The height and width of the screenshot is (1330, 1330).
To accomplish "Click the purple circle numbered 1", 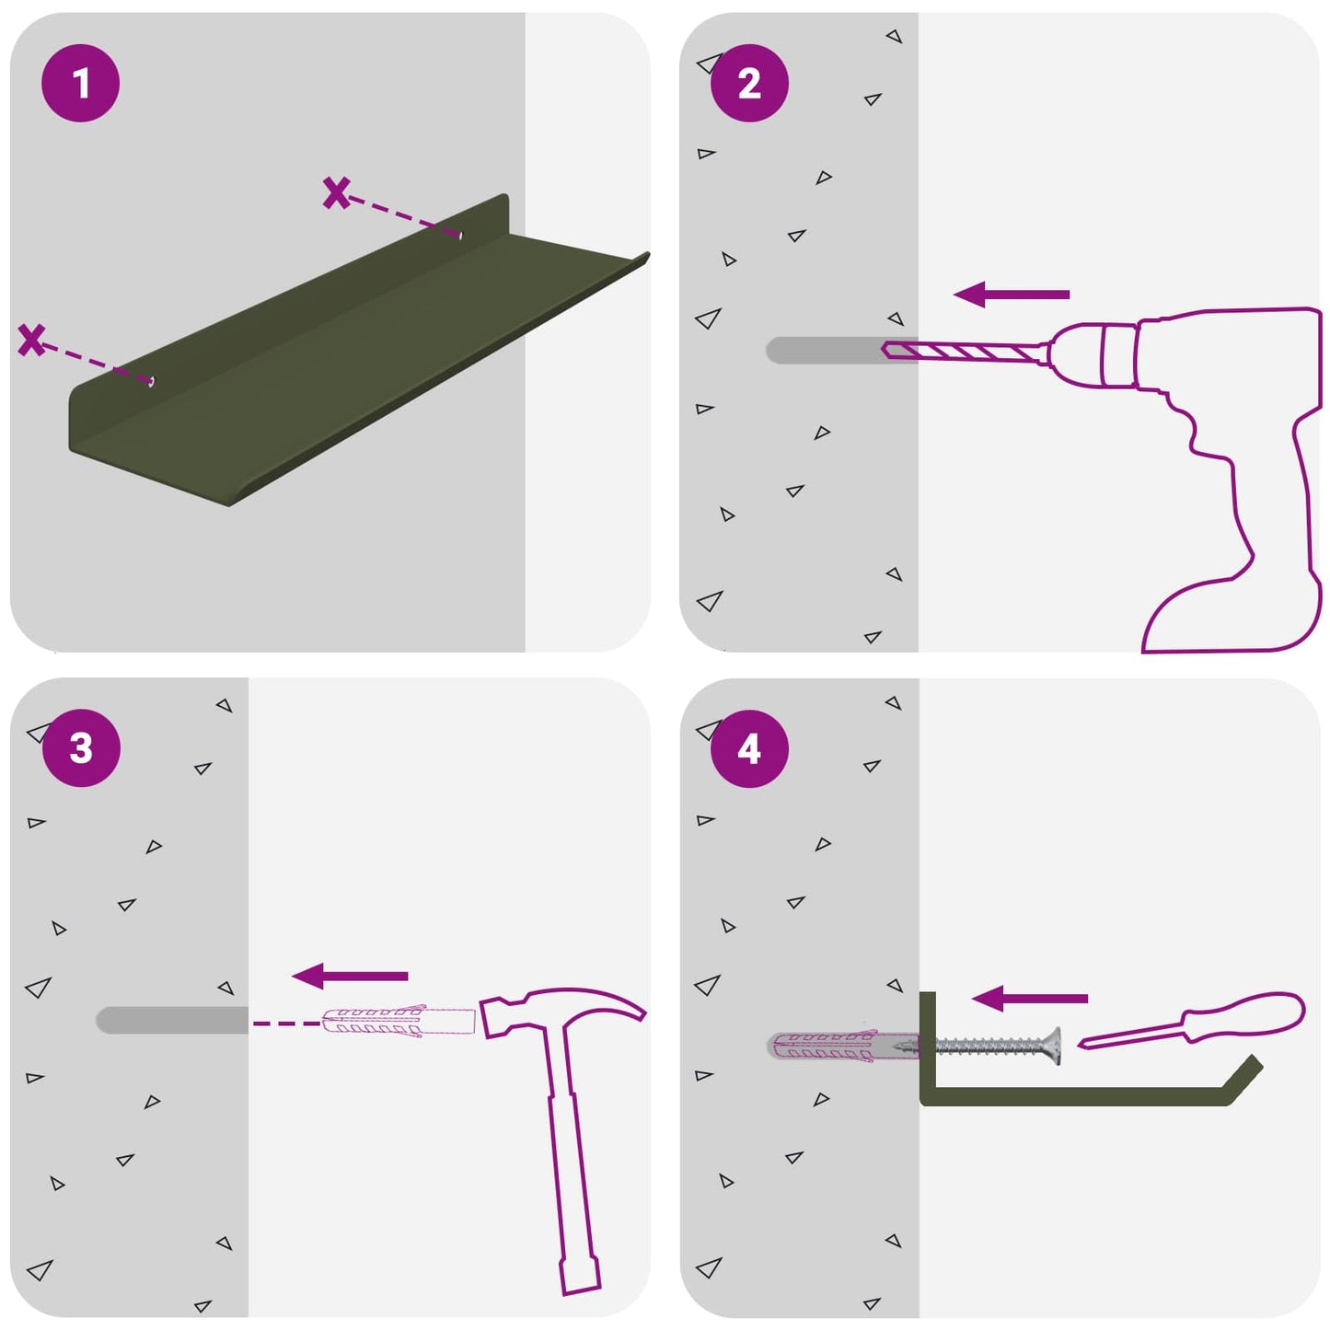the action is [80, 83].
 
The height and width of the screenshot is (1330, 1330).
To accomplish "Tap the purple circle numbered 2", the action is [749, 83].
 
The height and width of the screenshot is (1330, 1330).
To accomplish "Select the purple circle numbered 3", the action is [81, 747].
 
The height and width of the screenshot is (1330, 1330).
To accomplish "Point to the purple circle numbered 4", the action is [749, 748].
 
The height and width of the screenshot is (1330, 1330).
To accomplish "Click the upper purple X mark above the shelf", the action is [336, 192].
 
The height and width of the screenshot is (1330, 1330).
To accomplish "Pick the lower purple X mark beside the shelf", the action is [31, 340].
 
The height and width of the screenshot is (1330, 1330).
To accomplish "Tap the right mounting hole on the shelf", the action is [459, 235].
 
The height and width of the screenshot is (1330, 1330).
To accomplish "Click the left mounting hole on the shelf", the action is [152, 381].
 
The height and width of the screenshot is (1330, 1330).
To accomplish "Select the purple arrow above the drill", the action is [1011, 294].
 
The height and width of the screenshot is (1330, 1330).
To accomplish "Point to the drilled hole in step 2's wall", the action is [840, 350].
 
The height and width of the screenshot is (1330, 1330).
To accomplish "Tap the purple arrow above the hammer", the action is [349, 976].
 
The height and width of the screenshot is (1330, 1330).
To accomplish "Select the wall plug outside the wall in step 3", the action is [399, 1022].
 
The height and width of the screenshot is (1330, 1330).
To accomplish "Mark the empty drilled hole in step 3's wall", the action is [172, 1020].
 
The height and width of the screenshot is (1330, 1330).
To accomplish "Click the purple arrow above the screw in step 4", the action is [1029, 998].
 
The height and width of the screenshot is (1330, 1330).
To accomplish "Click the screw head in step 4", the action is [1053, 1046].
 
